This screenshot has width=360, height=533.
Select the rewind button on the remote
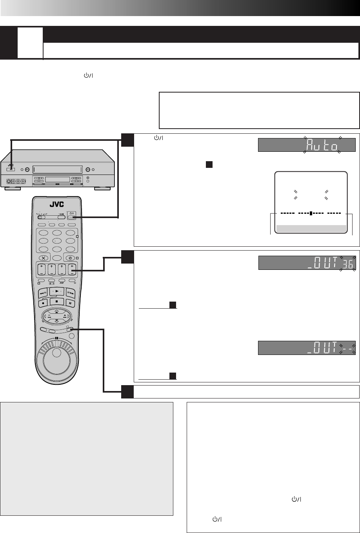[43, 293]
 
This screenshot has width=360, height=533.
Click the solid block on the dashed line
[311, 214]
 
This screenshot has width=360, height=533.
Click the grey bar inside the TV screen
[311, 229]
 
